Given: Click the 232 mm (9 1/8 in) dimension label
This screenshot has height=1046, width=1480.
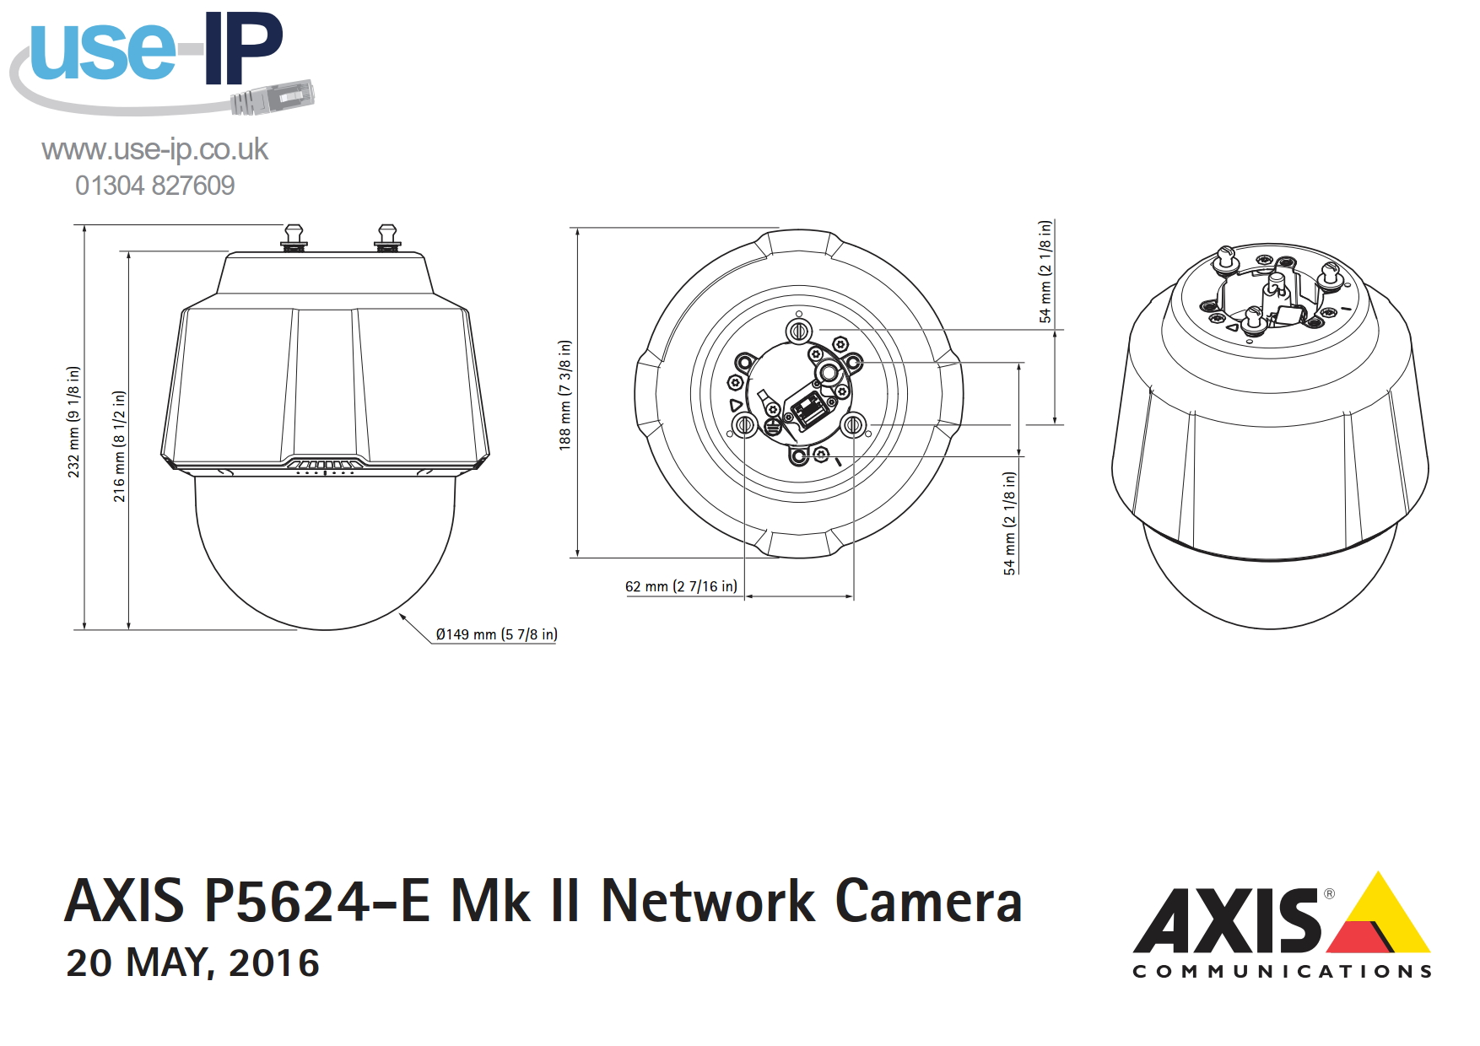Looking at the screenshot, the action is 74,422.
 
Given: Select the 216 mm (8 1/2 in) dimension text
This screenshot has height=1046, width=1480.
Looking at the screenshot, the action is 119,446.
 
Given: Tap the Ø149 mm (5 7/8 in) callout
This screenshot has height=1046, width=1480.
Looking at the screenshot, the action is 496,634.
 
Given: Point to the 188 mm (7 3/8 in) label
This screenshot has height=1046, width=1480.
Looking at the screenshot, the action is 564,395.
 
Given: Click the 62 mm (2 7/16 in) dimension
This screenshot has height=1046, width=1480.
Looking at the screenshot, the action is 681,586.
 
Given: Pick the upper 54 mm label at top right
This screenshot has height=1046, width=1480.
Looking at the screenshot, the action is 1045,272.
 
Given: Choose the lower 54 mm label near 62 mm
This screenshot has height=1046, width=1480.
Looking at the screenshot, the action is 1009,523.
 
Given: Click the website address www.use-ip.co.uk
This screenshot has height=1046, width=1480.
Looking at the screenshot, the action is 154,149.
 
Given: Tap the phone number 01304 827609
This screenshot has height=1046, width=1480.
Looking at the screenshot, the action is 154,186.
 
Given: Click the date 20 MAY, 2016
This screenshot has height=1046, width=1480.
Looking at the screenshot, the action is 193,963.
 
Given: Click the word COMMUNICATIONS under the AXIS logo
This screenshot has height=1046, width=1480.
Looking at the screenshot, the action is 1283,972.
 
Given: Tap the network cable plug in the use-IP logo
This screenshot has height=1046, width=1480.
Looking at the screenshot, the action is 273,98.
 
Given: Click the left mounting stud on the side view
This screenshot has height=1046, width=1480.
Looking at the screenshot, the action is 293,237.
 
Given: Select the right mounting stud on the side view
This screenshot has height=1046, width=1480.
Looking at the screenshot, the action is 387,237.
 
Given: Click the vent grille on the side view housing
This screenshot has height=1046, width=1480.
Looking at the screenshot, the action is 326,464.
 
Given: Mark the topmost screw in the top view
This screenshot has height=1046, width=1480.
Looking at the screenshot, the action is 799,330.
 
